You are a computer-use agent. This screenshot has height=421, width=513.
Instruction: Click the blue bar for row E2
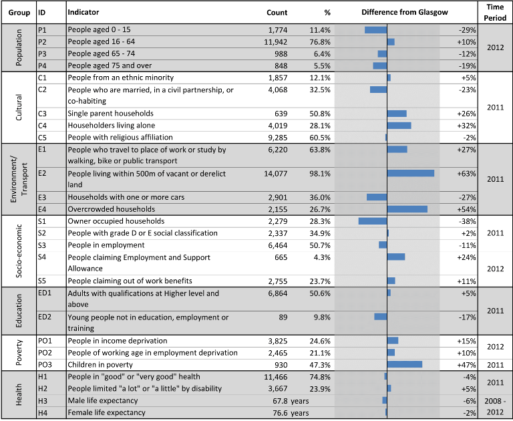(411, 173)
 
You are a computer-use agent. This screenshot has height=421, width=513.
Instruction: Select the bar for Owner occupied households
(373, 221)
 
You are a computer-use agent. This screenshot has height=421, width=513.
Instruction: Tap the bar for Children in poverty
(405, 364)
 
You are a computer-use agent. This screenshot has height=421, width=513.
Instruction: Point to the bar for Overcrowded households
(407, 209)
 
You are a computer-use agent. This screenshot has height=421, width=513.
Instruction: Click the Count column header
(277, 13)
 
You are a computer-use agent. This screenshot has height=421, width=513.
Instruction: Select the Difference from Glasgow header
(405, 13)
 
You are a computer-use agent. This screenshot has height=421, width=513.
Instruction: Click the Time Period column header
(495, 13)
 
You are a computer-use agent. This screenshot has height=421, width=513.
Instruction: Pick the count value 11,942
(275, 42)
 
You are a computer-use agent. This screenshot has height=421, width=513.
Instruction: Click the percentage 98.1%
(320, 174)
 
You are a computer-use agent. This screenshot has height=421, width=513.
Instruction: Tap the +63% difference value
(466, 174)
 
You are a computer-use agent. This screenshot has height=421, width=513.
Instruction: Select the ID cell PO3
(45, 365)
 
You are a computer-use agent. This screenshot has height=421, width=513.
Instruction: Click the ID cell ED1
(45, 293)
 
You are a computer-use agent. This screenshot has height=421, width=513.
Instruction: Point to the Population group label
(19, 47)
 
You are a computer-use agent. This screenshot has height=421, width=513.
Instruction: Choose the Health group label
(19, 394)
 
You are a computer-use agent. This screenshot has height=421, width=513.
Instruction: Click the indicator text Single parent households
(111, 114)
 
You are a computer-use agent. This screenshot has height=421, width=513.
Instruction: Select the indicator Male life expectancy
(103, 401)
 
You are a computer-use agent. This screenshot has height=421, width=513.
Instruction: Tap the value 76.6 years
(291, 413)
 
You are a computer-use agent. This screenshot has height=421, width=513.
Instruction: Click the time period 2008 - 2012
(496, 406)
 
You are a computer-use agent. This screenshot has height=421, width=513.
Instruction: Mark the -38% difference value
(467, 221)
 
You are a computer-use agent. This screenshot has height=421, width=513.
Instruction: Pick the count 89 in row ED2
(283, 317)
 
